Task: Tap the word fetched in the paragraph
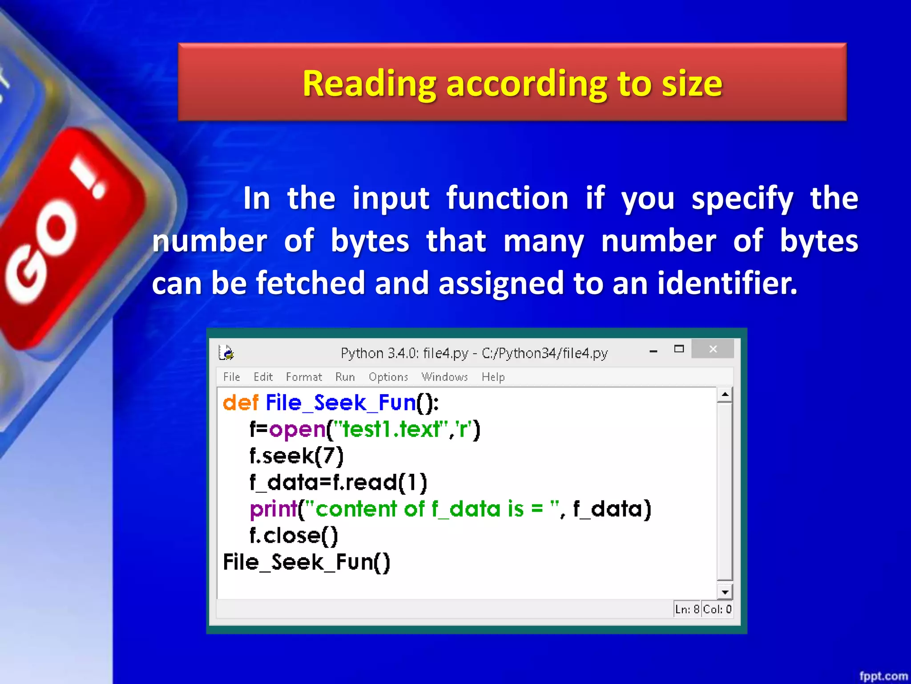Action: [x=310, y=283]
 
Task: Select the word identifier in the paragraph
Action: [x=727, y=283]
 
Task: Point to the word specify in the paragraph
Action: [x=742, y=199]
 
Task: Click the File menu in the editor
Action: [x=231, y=377]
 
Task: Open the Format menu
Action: [x=304, y=377]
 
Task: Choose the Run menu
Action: [x=345, y=377]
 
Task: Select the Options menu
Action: [x=388, y=377]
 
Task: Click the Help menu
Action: [x=493, y=377]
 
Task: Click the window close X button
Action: [x=713, y=349]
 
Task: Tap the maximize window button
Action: [x=679, y=349]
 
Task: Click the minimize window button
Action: [x=653, y=351]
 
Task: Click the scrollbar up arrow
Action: [x=725, y=395]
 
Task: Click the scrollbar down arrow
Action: [x=725, y=592]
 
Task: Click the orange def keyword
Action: [x=240, y=403]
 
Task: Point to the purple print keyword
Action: [x=273, y=509]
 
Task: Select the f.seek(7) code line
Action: [x=296, y=456]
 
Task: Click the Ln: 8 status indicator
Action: [x=687, y=609]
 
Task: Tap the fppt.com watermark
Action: [x=883, y=676]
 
